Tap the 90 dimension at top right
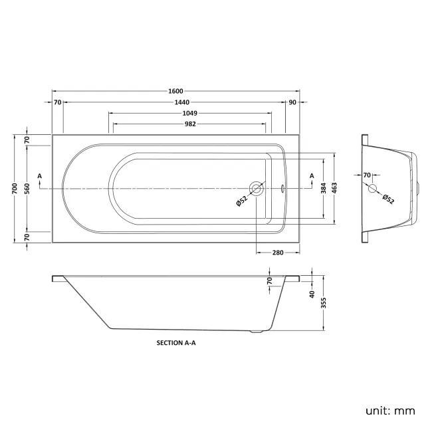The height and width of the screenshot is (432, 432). point(292,102)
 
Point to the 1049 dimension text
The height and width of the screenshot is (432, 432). point(189,113)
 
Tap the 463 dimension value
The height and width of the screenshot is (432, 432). point(336,189)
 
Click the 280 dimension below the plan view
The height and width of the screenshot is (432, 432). point(277,253)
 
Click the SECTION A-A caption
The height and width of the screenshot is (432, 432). point(176,344)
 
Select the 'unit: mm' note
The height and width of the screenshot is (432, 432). point(391,411)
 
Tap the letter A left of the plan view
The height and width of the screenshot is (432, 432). point(40,175)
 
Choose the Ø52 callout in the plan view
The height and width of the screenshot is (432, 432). point(241,201)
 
